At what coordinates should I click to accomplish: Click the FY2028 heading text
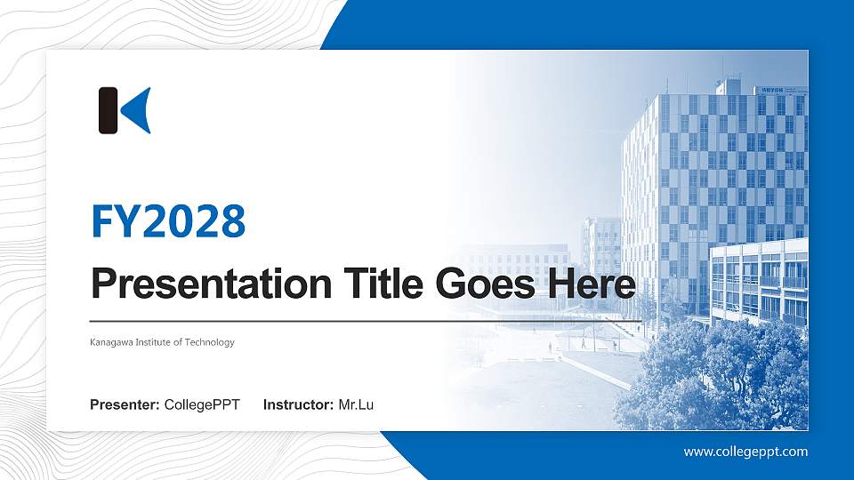(x=168, y=221)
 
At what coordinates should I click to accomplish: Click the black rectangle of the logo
(x=108, y=110)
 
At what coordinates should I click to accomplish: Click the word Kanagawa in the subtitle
(x=111, y=342)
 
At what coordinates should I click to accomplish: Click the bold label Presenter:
(x=125, y=405)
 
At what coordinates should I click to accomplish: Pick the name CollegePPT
(x=202, y=405)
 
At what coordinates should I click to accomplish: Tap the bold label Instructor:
(x=299, y=405)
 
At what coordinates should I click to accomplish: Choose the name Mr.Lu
(x=356, y=405)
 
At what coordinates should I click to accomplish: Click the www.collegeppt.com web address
(x=745, y=452)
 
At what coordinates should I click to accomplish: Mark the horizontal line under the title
(x=365, y=320)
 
